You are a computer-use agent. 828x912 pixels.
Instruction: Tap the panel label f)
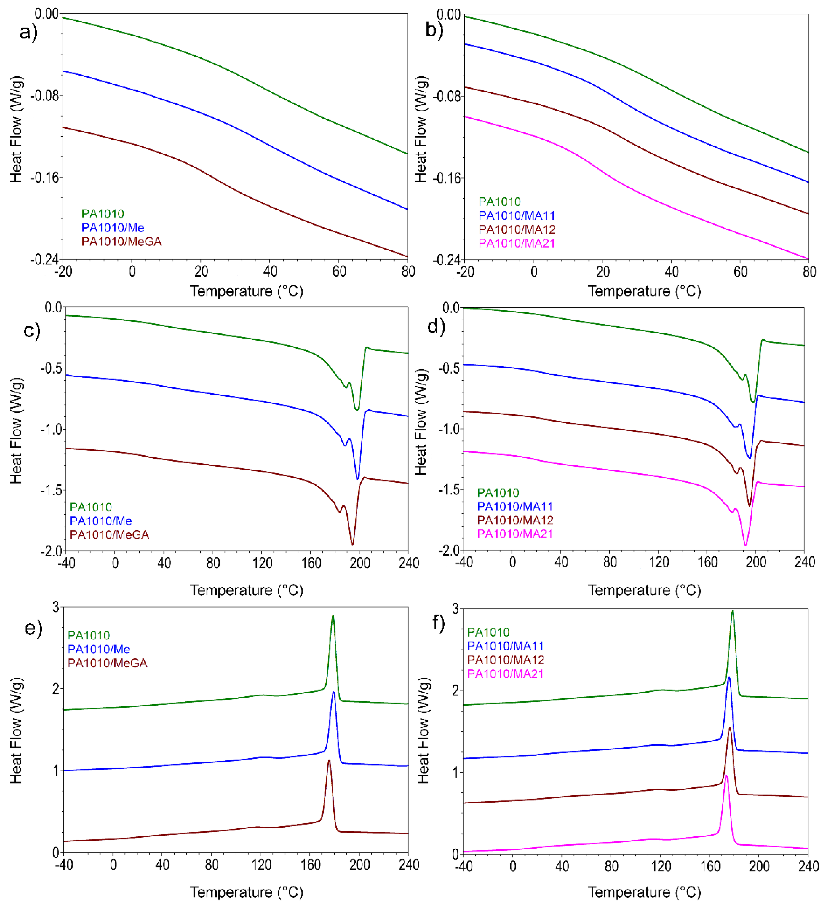439,623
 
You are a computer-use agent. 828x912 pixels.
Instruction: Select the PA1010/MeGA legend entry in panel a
121,242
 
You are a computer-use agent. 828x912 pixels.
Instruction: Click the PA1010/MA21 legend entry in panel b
516,243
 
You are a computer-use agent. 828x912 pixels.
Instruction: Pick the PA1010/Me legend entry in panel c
100,521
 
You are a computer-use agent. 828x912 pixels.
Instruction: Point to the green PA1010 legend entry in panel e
89,635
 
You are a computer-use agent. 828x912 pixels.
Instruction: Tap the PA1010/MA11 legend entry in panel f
505,646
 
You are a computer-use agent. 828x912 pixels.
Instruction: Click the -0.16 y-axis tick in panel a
45,177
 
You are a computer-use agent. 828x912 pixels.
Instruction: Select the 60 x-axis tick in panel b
740,272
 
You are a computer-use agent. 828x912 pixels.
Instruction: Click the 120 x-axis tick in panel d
658,562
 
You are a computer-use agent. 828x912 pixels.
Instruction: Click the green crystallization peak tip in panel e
333,616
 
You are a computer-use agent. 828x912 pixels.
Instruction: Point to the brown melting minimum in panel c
352,544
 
